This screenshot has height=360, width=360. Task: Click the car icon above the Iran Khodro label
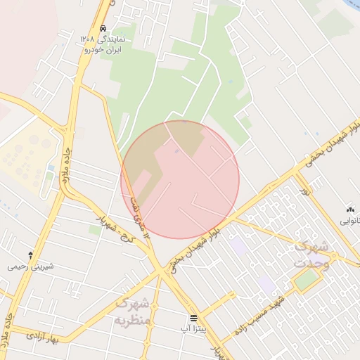click(x=103, y=29)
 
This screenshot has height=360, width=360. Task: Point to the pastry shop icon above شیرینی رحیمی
click(x=30, y=255)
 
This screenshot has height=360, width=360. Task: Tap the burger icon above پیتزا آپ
click(x=193, y=318)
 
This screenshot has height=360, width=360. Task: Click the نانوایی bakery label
click(x=350, y=221)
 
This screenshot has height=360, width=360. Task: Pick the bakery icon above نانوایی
click(x=350, y=209)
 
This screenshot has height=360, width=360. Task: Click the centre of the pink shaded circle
click(x=180, y=179)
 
